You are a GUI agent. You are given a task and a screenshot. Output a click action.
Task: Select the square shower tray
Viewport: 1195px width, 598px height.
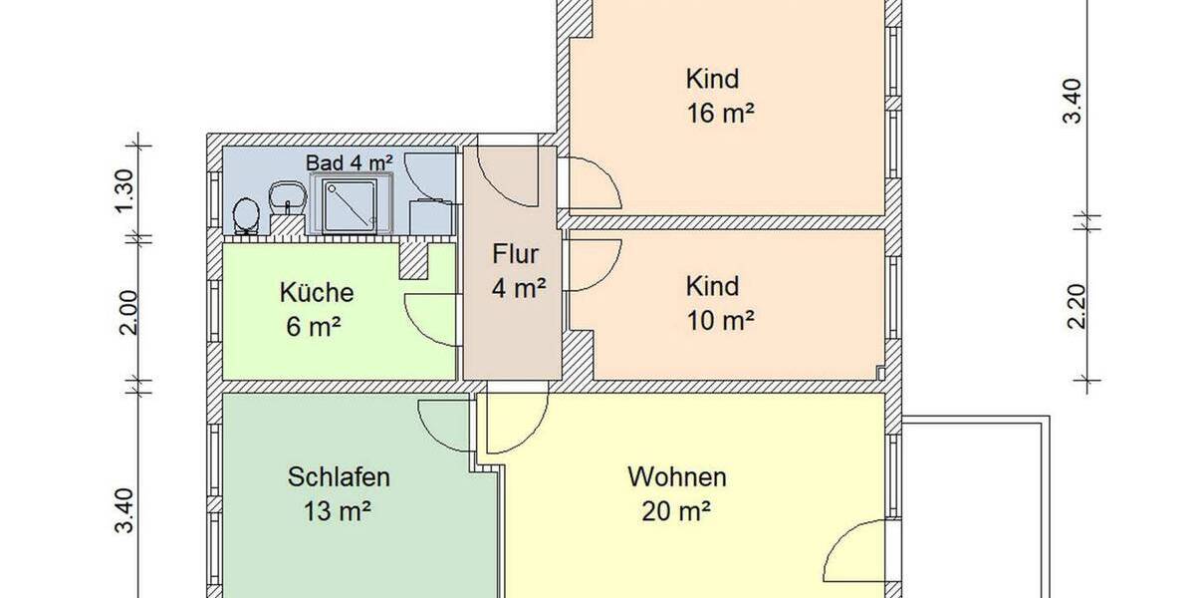pos(345,204)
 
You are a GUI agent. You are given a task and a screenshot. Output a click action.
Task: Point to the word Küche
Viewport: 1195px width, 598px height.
pos(316,293)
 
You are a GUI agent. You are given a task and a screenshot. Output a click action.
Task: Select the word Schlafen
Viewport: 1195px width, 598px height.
pos(339,477)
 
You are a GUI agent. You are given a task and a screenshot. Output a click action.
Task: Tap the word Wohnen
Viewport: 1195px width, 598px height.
pos(676,477)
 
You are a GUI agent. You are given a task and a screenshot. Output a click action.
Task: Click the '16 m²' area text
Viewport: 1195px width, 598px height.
pos(720,114)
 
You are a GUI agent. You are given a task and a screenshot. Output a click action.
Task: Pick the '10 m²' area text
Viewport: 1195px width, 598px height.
pos(720,321)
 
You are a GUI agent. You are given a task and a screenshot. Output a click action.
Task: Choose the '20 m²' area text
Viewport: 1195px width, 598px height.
pos(676,512)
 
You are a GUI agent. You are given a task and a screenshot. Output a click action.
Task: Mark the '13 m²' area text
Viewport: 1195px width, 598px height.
pos(339,512)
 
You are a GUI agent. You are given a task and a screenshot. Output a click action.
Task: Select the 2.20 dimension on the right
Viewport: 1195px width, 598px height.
pos(1074,304)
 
